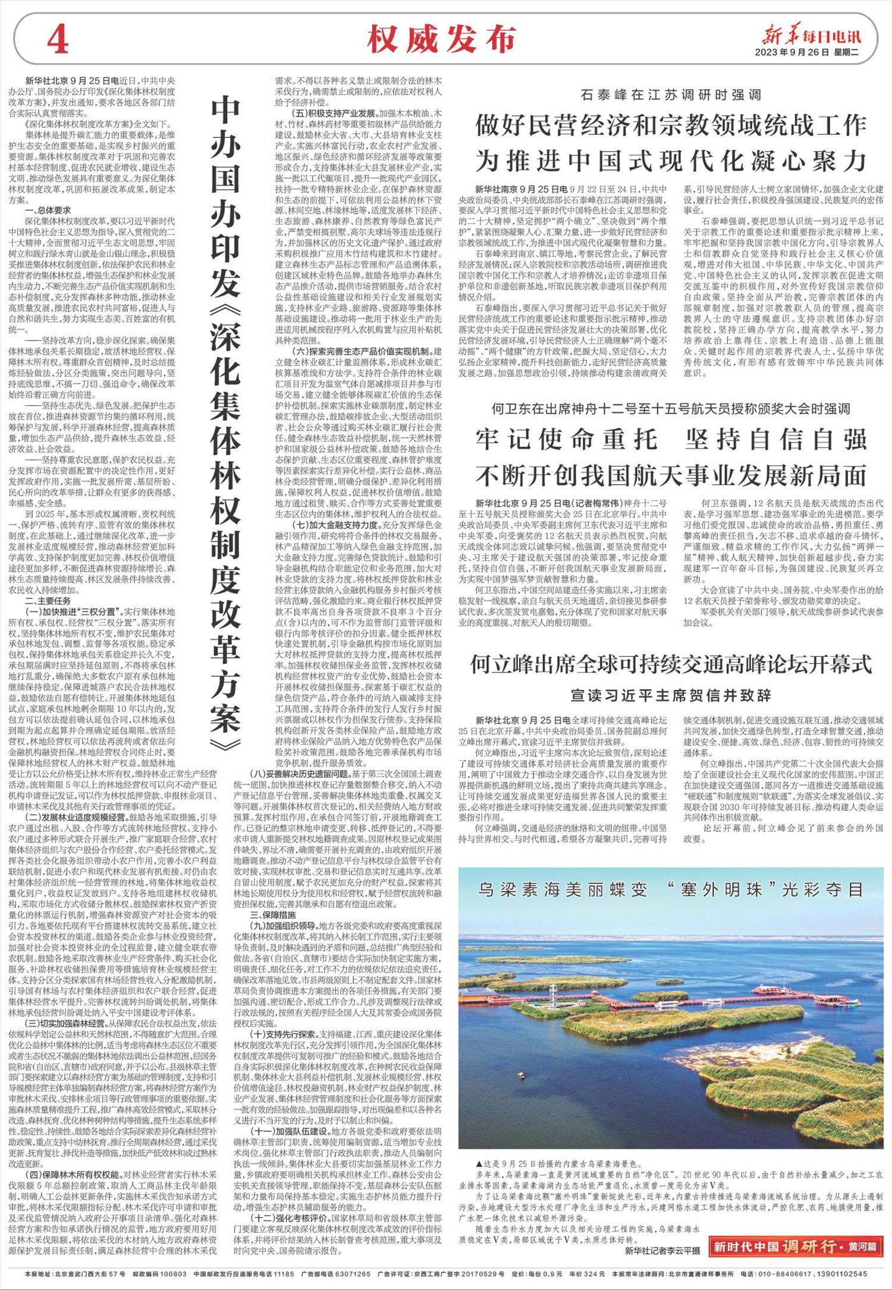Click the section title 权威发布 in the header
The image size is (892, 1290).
[x=441, y=41]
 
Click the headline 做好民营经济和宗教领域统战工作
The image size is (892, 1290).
[x=671, y=126]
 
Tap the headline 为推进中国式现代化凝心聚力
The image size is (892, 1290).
[x=671, y=161]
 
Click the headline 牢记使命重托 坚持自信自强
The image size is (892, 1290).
[x=671, y=439]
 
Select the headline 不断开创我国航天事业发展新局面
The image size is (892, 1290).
[x=671, y=475]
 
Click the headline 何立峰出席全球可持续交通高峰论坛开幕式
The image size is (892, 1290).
[x=671, y=665]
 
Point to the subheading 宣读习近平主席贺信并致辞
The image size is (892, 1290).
[x=670, y=695]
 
